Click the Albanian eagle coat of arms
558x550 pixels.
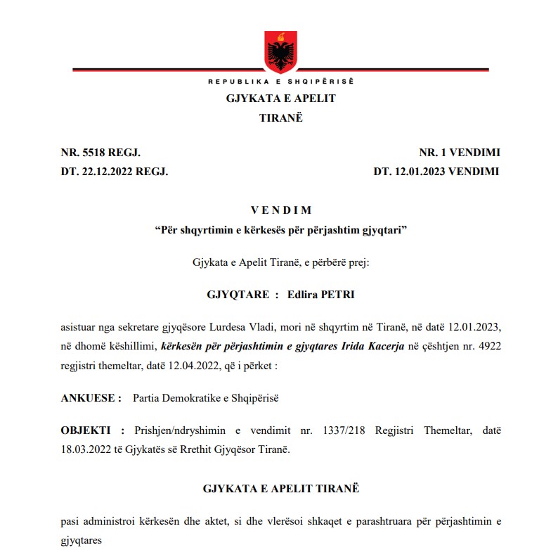pyautogui.click(x=280, y=49)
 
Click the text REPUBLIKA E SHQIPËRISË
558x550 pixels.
pyautogui.click(x=280, y=82)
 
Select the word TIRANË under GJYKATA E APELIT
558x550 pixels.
pyautogui.click(x=280, y=117)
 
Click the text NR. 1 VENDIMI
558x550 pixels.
pyautogui.click(x=460, y=153)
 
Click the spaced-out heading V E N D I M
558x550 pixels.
pyautogui.click(x=280, y=210)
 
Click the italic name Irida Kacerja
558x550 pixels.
pyautogui.click(x=370, y=347)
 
